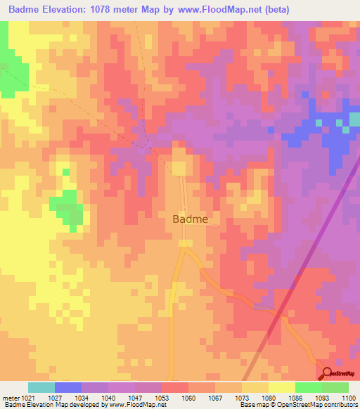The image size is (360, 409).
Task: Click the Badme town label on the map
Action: (190, 219)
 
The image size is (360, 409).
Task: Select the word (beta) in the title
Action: (275, 10)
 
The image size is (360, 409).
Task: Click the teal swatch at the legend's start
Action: (41, 387)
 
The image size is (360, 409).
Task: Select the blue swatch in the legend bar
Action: (67, 387)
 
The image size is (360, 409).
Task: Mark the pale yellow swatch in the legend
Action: (281, 387)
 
